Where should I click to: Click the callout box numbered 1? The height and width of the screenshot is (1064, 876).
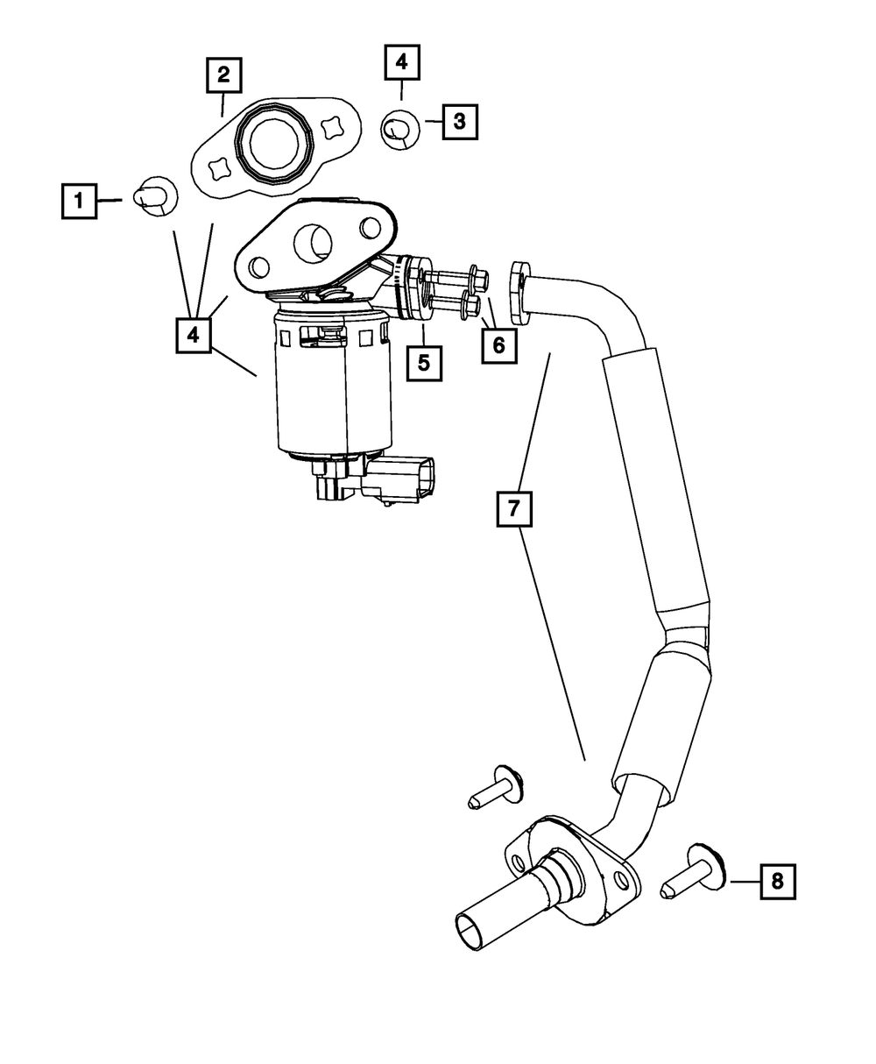79,201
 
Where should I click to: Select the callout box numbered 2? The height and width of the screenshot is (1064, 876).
224,74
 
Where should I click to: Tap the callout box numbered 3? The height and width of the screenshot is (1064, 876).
460,122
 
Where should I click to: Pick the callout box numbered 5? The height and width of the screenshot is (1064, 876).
424,362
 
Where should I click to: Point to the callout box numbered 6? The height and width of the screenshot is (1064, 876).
498,344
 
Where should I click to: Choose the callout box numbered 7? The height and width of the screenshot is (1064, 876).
514,507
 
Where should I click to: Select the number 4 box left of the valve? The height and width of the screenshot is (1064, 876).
194,335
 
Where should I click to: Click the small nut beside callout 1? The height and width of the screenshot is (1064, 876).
155,195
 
